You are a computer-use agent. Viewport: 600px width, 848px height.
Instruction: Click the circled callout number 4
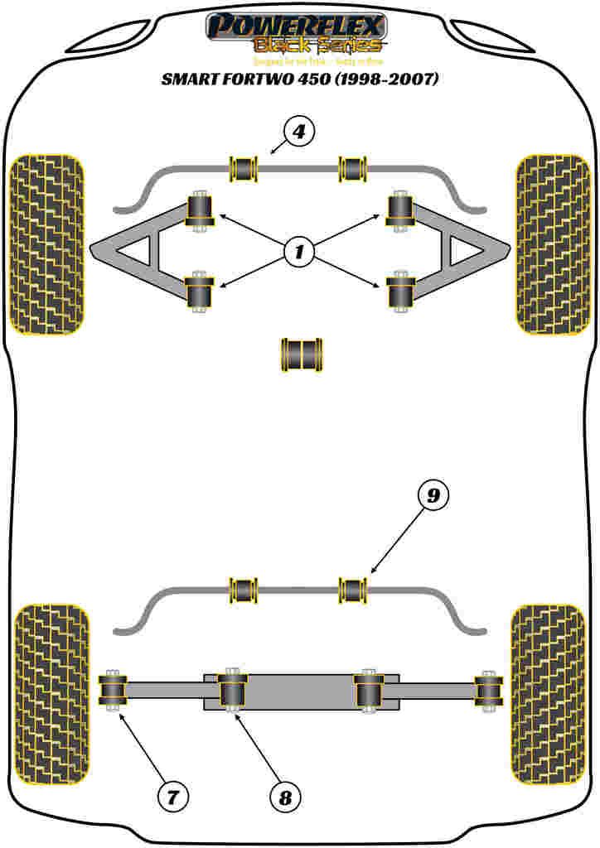click(x=299, y=132)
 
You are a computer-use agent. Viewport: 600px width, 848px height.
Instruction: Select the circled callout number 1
click(x=299, y=251)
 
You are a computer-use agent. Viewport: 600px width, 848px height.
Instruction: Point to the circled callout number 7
click(x=172, y=797)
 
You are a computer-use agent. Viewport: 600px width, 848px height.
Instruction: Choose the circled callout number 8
click(x=284, y=797)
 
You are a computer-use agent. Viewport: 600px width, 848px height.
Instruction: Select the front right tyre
click(x=552, y=245)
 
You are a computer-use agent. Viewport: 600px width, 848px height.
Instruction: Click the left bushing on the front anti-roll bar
click(x=244, y=169)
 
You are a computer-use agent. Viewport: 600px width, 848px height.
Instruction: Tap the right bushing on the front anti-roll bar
click(x=353, y=169)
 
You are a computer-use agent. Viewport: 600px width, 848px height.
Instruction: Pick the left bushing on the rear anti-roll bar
click(x=244, y=590)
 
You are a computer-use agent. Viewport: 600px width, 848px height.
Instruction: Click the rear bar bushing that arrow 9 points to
click(x=354, y=590)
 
